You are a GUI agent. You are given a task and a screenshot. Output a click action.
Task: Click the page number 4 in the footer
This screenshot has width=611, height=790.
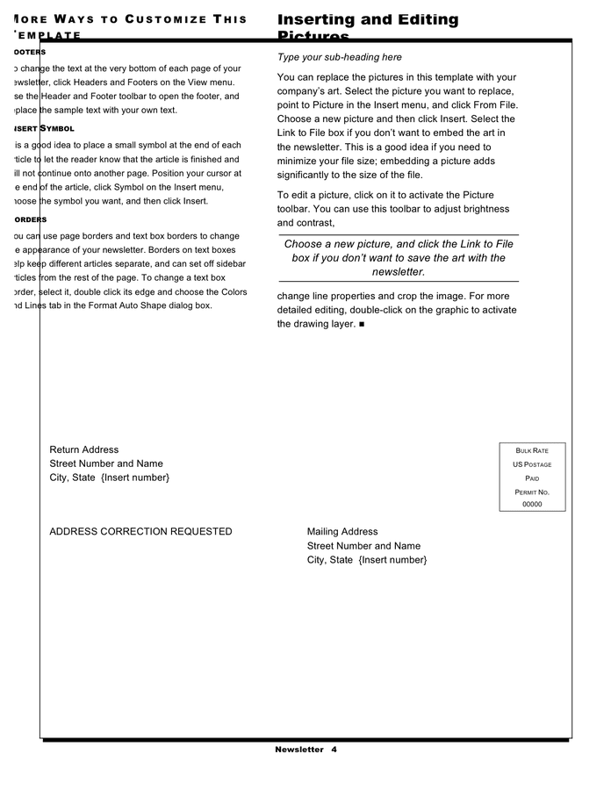click(334, 750)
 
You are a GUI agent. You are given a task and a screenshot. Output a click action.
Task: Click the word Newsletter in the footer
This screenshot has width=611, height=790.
click(298, 750)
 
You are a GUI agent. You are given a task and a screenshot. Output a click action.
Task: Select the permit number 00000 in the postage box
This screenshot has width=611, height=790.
click(532, 505)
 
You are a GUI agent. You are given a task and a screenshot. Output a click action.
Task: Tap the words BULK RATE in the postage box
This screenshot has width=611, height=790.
click(532, 450)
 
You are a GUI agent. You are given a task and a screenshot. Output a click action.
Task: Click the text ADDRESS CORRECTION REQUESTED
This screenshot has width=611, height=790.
click(140, 532)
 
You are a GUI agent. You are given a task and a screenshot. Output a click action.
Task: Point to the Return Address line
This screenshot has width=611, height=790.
click(83, 450)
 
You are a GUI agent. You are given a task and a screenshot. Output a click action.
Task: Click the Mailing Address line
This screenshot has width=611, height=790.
click(342, 532)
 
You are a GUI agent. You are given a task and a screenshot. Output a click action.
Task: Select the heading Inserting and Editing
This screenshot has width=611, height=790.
click(368, 19)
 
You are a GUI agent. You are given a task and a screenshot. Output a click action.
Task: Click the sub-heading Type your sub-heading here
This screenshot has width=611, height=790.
click(340, 57)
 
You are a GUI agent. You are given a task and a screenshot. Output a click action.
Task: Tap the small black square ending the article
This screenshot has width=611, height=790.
click(362, 325)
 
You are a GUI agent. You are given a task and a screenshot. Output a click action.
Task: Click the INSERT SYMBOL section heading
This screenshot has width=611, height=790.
click(44, 129)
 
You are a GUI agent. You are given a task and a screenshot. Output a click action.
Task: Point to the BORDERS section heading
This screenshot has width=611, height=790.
click(31, 219)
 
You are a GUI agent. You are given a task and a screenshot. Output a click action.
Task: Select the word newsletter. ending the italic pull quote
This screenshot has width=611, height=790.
click(399, 272)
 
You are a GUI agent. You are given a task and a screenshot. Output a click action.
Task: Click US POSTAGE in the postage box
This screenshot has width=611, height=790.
click(532, 464)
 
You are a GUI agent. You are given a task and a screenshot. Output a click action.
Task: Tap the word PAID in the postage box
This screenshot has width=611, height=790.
click(532, 478)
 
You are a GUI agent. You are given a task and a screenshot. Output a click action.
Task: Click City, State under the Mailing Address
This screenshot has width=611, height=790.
click(330, 560)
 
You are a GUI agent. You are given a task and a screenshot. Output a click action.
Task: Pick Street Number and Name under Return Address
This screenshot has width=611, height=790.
click(106, 463)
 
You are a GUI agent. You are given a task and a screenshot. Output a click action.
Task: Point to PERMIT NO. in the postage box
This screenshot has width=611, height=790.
click(532, 492)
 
